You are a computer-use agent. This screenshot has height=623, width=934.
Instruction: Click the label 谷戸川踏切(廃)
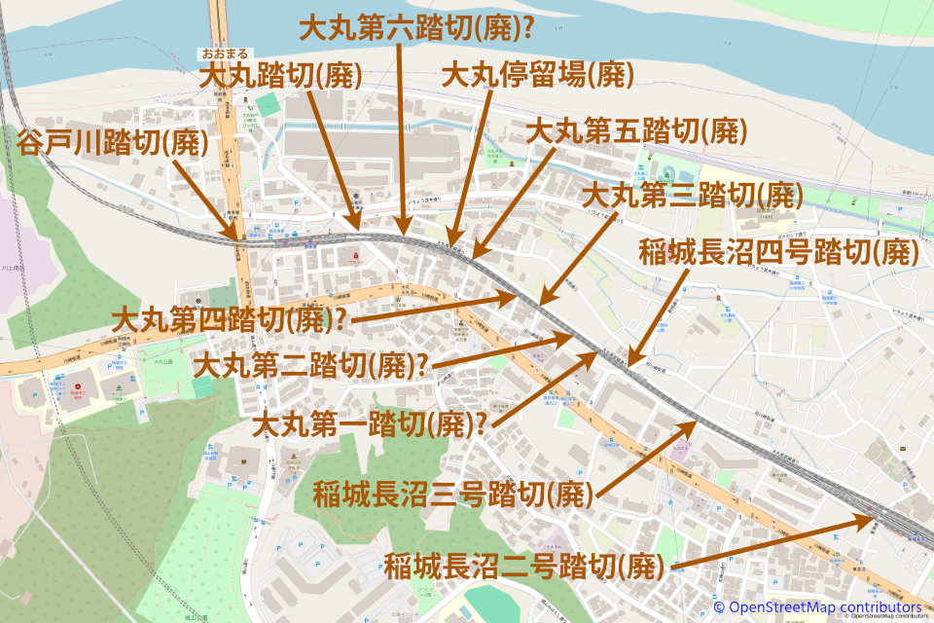point(113,142)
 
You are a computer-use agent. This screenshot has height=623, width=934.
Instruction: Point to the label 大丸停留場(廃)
point(537,74)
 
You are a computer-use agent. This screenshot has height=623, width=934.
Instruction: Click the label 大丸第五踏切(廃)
point(636,130)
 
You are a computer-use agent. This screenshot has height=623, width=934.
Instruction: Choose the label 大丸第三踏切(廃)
point(692,195)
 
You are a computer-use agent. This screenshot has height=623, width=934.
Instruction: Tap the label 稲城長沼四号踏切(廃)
point(779,252)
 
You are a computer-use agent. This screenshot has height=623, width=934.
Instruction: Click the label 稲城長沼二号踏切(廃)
point(524,565)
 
